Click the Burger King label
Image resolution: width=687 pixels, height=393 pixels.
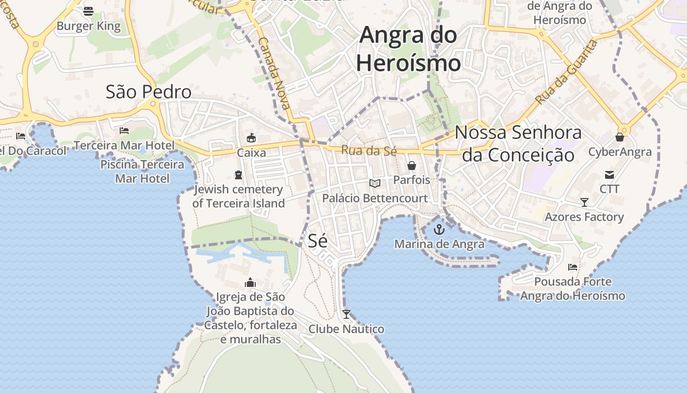click(89, 26)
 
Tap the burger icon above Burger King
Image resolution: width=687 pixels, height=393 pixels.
click(88, 11)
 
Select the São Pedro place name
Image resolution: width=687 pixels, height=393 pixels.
click(149, 92)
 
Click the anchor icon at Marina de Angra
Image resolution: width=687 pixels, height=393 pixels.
click(439, 229)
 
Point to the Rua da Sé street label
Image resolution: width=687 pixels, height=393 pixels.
click(369, 150)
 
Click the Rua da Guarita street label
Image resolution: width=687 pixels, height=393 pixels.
click(566, 72)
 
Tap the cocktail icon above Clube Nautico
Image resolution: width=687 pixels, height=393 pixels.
click(346, 314)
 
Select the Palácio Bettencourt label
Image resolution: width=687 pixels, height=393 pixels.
click(375, 198)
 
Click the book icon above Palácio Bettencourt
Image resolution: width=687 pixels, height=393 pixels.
click(375, 184)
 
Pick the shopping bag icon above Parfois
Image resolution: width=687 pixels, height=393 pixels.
click(412, 166)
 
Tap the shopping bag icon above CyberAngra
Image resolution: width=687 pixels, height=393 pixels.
click(620, 137)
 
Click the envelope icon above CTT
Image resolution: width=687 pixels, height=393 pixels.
click(609, 174)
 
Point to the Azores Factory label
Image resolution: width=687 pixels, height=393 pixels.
click(584, 217)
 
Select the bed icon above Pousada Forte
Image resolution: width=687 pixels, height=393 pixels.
click(573, 267)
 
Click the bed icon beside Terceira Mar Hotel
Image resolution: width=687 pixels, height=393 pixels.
click(124, 131)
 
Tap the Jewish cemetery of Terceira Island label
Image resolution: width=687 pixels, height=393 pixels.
click(238, 196)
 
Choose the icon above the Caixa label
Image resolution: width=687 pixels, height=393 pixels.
click(251, 138)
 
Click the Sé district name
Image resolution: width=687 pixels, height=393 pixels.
click(317, 240)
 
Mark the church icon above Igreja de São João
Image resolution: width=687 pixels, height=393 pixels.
click(250, 282)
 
